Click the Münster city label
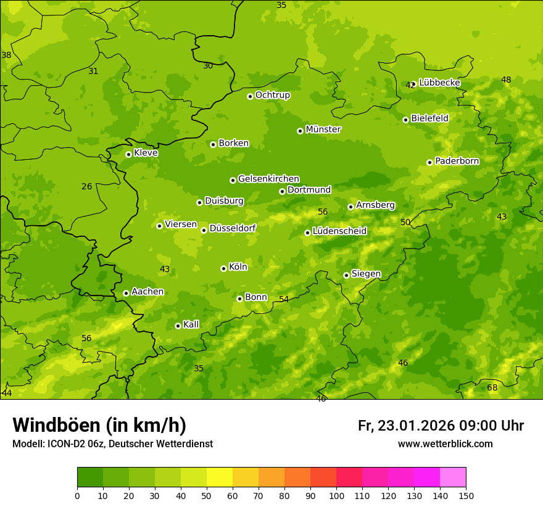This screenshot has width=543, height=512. coord(323,130)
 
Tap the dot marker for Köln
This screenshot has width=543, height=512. coord(223,268)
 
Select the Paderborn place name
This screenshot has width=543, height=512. coord(457,161)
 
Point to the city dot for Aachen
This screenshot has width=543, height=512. coord(126,293)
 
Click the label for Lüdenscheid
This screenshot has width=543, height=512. coord(339,231)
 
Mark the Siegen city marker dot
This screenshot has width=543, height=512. coord(346,275)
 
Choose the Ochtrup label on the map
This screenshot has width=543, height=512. coord(272,95)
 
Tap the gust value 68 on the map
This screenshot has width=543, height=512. coord(492,387)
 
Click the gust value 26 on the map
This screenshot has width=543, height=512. coord(86,186)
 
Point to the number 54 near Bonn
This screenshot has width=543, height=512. coord(283,299)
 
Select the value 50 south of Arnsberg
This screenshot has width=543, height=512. coord(405,222)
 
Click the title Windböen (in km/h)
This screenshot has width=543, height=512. coord(99,425)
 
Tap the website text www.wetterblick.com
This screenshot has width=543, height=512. coord(445,444)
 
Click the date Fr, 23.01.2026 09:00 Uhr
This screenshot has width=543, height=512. coord(441,426)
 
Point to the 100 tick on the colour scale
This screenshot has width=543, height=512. coord(336,495)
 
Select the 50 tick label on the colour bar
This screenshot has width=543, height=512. coord(207,495)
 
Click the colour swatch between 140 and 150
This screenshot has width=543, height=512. coord(453,477)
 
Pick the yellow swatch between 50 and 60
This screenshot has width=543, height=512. coord(220,477)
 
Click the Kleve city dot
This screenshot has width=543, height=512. coord(128,154)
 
